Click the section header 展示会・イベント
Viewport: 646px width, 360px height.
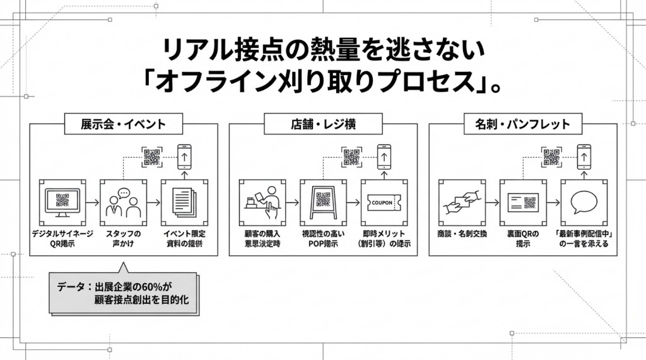pyautogui.click(x=123, y=124)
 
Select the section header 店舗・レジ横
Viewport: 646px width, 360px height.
pyautogui.click(x=322, y=124)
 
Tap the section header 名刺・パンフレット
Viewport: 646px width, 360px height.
pyautogui.click(x=522, y=124)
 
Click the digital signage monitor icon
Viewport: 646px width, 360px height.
pyautogui.click(x=62, y=202)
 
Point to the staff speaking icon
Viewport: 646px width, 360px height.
pyautogui.click(x=123, y=202)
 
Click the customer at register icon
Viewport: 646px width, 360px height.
pyautogui.click(x=262, y=202)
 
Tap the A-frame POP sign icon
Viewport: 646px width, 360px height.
pyautogui.click(x=323, y=202)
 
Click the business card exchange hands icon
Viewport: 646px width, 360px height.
pyautogui.click(x=461, y=202)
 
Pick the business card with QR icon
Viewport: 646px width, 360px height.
pyautogui.click(x=523, y=202)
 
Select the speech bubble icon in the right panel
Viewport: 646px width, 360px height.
pyautogui.click(x=584, y=202)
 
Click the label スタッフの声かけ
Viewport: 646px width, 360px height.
pyautogui.click(x=123, y=238)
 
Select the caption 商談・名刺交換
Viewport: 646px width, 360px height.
pyautogui.click(x=461, y=234)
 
